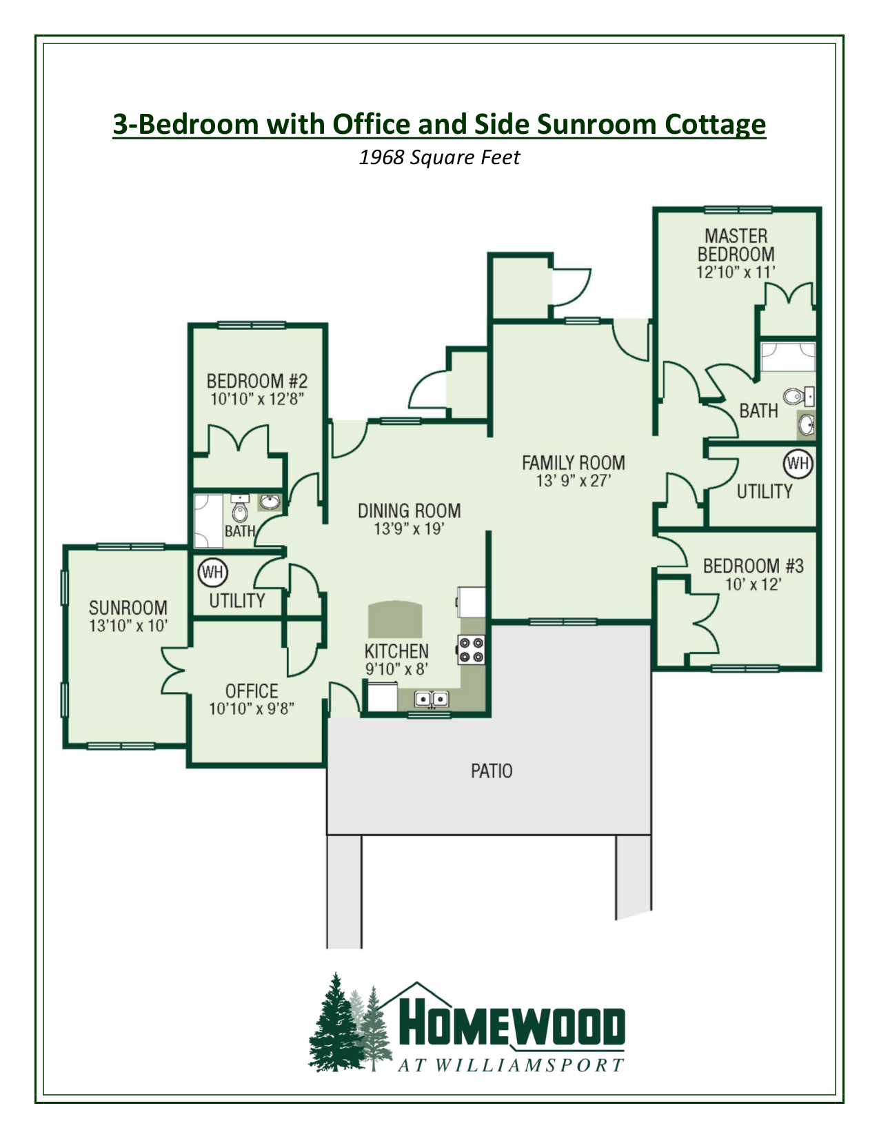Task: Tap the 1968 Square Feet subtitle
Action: pyautogui.click(x=439, y=157)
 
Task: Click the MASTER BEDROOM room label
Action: pyautogui.click(x=736, y=245)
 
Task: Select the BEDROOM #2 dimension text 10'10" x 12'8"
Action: pyautogui.click(x=257, y=399)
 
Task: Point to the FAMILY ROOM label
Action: pyautogui.click(x=573, y=463)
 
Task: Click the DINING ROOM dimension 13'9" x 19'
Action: pyautogui.click(x=409, y=529)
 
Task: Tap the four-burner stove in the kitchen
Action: pyautogui.click(x=471, y=650)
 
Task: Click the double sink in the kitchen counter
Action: pyautogui.click(x=432, y=700)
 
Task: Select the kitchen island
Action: pyautogui.click(x=394, y=619)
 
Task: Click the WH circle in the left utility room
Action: pyautogui.click(x=212, y=572)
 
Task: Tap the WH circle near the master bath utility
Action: pyautogui.click(x=798, y=463)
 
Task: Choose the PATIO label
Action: pyautogui.click(x=492, y=771)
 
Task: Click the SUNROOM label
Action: pyautogui.click(x=128, y=608)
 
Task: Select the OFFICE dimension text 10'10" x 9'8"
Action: pyautogui.click(x=252, y=709)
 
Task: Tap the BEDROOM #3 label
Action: pyautogui.click(x=753, y=566)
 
